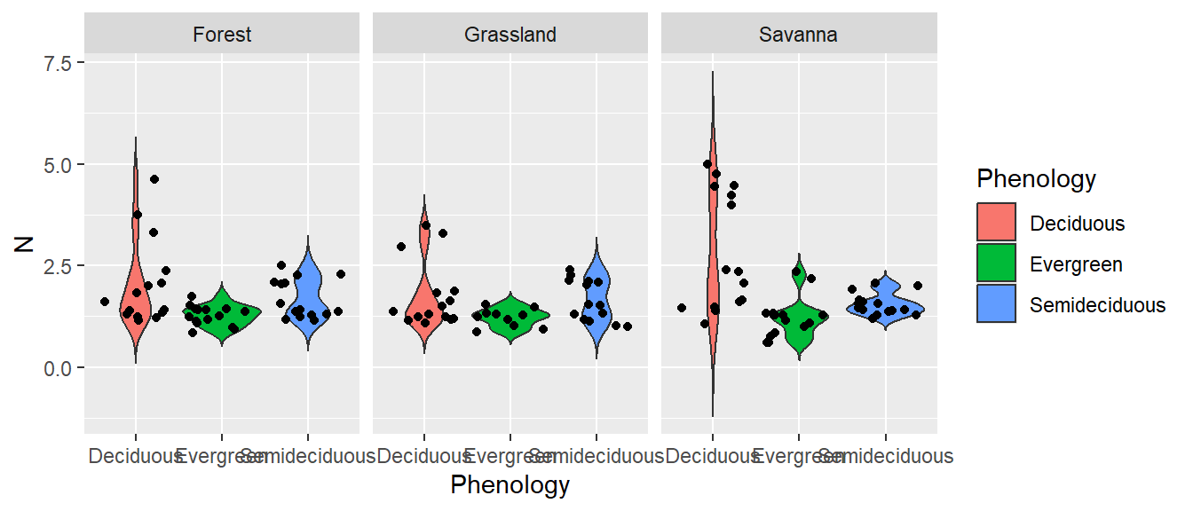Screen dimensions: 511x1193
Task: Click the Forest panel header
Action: pos(222,35)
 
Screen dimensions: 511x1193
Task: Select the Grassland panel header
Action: pos(510,35)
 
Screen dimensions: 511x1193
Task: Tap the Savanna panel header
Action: pos(798,35)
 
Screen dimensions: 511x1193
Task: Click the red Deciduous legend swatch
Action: pos(996,223)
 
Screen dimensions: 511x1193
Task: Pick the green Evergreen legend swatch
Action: pos(996,264)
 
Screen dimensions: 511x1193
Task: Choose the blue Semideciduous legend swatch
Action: pos(996,305)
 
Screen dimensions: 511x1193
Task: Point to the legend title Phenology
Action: pos(1036,179)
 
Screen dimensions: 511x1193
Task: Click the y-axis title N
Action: pos(25,240)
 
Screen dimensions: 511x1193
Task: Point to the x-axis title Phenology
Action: pos(510,485)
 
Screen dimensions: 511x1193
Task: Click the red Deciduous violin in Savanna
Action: pos(712,266)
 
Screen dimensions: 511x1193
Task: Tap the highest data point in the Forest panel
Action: pos(154,179)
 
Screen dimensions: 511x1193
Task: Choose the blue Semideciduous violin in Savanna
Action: pos(886,302)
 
